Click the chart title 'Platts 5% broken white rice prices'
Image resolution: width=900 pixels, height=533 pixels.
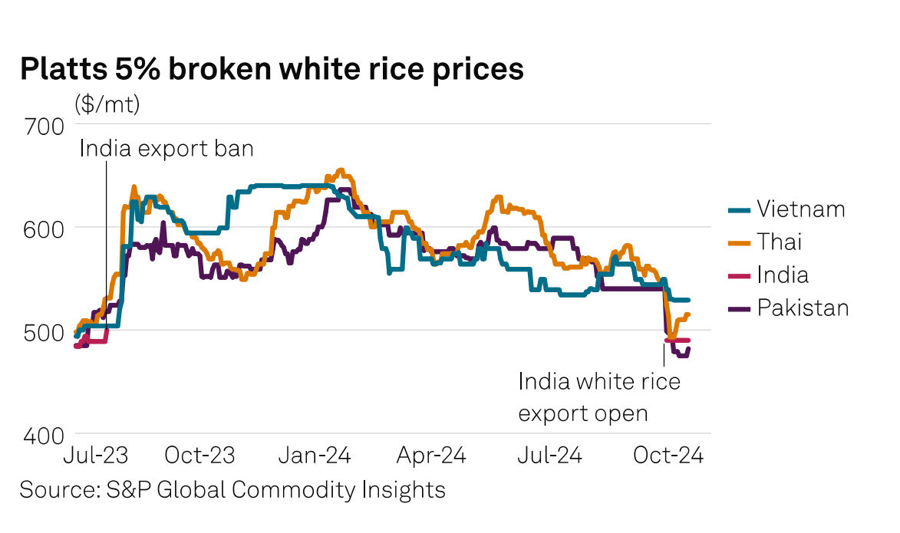coord(272,69)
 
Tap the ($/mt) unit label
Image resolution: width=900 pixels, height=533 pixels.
coord(107,105)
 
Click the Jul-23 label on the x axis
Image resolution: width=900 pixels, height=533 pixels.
coord(95,455)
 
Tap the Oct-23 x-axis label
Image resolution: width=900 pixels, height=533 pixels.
coord(199,455)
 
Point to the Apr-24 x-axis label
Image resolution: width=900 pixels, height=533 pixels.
coord(432,455)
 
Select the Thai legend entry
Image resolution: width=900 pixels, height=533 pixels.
coord(779,242)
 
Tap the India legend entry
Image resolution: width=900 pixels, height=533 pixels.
coord(782,275)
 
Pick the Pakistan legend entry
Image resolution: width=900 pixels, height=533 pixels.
coord(803,308)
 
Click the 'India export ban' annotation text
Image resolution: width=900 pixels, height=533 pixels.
coord(166,148)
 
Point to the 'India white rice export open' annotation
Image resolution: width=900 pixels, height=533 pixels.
coord(599,396)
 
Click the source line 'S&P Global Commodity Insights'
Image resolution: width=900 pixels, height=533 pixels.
coord(232,489)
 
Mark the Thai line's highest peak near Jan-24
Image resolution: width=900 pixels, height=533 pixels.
coord(341,170)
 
